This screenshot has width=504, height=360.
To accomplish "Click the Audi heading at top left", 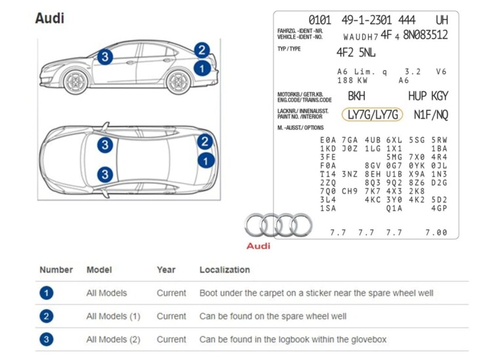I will [50, 18].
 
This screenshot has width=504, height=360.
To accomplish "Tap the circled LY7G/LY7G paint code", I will [373, 115].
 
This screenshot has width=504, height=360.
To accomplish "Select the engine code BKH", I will [356, 96].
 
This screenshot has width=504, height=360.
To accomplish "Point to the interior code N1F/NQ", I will [431, 115].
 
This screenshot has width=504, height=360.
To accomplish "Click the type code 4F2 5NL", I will [356, 52].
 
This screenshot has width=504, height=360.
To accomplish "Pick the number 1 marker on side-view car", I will [202, 67].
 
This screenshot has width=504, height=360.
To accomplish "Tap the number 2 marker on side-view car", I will [201, 50].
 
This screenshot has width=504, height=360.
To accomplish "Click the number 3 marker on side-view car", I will [105, 57].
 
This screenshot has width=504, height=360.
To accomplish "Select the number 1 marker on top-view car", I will [206, 160].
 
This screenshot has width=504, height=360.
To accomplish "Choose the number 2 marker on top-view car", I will [205, 142].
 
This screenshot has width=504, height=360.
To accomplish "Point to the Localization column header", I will [224, 270].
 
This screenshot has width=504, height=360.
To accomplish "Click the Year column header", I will [166, 270].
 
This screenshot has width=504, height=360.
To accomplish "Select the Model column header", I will [99, 270].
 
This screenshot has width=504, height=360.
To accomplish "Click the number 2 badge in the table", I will [47, 316].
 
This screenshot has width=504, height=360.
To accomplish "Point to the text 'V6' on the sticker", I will [441, 71].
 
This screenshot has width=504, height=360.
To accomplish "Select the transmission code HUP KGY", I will [428, 96].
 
